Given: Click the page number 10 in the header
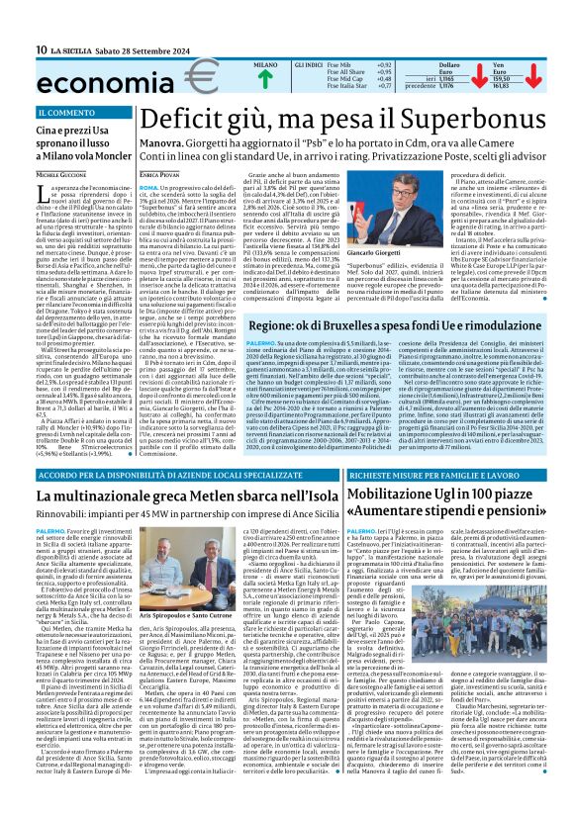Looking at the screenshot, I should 42,49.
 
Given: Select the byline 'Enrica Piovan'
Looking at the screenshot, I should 158,174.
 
